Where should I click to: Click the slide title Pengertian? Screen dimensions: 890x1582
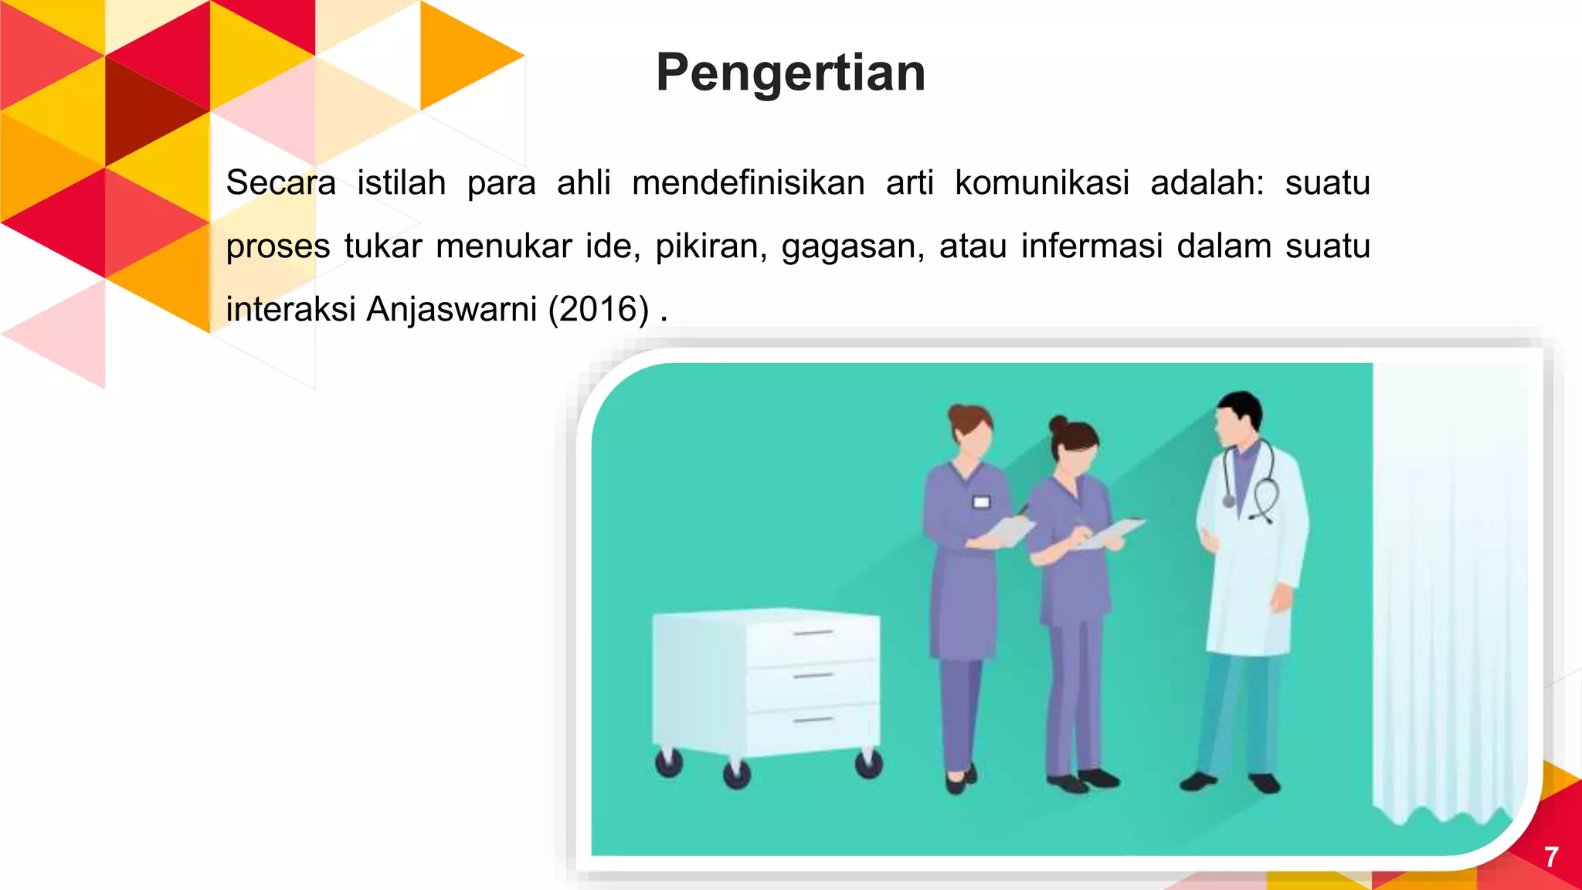click(x=790, y=73)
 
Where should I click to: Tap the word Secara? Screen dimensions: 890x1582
click(x=280, y=183)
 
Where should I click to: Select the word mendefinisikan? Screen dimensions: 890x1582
click(x=748, y=183)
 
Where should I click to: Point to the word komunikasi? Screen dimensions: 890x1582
click(x=1042, y=183)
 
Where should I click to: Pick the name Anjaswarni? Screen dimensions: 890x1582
click(x=451, y=309)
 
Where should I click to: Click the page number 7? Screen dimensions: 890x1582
click(x=1551, y=857)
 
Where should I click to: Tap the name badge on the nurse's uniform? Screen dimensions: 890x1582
click(x=981, y=502)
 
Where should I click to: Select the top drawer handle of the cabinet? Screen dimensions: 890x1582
click(x=813, y=633)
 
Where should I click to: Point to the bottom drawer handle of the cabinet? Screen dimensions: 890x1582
click(x=813, y=720)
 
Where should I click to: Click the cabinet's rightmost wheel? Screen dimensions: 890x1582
click(x=868, y=765)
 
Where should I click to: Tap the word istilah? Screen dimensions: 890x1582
click(x=401, y=183)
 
